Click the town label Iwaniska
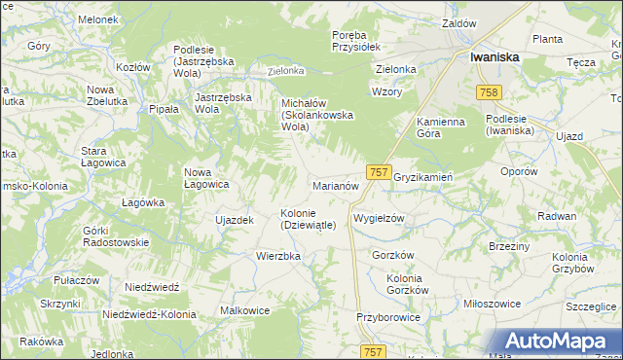click(495, 57)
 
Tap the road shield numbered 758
click(490, 92)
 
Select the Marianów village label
click(337, 185)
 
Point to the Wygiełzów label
click(379, 219)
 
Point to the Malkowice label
click(245, 311)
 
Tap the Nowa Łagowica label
click(206, 178)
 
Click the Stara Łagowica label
click(106, 158)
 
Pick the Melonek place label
click(98, 19)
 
